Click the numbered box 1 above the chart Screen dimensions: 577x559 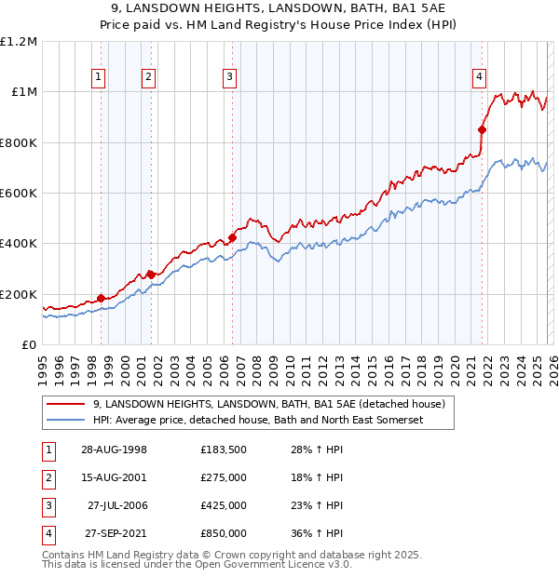99,77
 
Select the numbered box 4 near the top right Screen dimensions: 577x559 478,77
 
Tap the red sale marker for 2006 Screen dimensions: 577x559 232,237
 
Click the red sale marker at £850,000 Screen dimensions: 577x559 482,130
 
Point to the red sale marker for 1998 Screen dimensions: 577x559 102,299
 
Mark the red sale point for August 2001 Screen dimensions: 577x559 150,275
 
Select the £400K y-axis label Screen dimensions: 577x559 20,244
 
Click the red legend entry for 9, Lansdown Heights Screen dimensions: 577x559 269,404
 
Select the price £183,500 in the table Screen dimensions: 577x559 224,450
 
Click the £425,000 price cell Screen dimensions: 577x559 224,505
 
